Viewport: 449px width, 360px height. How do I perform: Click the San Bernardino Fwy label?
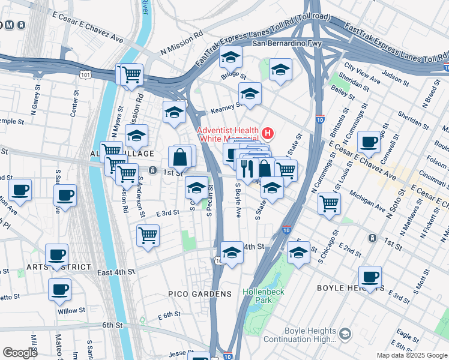(x=287, y=44)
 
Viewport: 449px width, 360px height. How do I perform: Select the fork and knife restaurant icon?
(x=246, y=169)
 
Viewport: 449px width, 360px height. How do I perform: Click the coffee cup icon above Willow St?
(x=59, y=289)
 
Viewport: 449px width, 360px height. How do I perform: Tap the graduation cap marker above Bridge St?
(x=231, y=58)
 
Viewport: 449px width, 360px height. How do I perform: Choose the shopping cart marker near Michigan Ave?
(x=329, y=203)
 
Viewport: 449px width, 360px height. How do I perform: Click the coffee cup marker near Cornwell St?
(x=369, y=142)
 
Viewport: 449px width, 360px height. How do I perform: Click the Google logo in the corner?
(x=20, y=353)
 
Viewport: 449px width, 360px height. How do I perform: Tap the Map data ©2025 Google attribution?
(x=412, y=355)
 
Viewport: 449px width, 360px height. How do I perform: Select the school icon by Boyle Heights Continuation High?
(x=345, y=334)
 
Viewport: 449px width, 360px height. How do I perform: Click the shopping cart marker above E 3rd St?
(x=148, y=235)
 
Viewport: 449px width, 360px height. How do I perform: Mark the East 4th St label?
(x=115, y=272)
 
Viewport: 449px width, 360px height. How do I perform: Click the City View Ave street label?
(x=362, y=76)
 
